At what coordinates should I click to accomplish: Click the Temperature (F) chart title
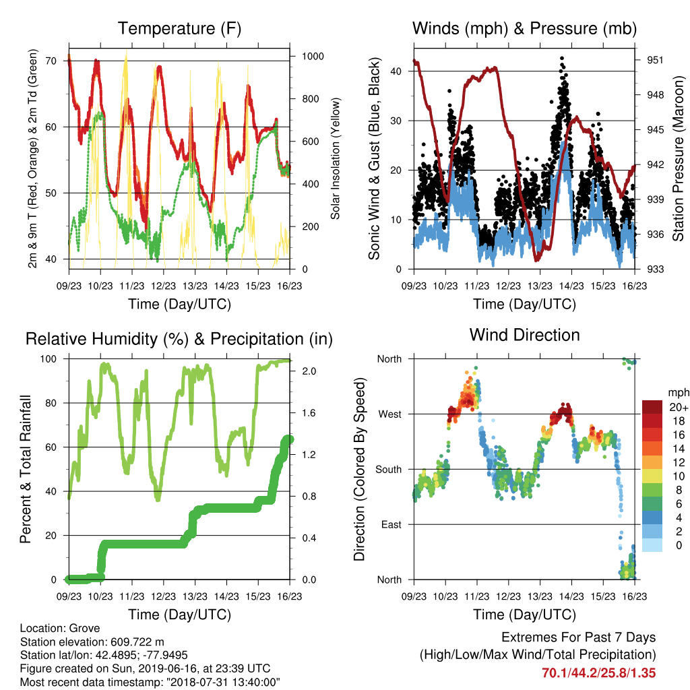tap(179, 28)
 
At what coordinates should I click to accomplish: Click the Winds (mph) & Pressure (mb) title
tap(524, 28)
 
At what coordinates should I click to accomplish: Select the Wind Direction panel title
tap(524, 335)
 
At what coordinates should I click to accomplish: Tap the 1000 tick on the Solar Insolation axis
tap(313, 57)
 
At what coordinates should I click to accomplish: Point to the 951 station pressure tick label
tap(655, 60)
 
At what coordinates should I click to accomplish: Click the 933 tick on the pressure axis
tap(655, 269)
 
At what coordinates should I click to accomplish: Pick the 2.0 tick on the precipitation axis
tap(309, 371)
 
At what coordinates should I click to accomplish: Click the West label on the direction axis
tap(390, 414)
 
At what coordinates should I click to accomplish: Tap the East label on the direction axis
tap(391, 524)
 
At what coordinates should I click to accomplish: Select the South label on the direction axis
tap(389, 470)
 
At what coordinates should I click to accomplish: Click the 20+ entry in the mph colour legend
tap(679, 408)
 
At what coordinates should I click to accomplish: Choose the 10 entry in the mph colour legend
tap(679, 476)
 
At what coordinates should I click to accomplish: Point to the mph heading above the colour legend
tap(678, 393)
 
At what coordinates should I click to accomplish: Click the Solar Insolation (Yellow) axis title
tap(336, 158)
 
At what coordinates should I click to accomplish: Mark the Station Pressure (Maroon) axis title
tap(678, 158)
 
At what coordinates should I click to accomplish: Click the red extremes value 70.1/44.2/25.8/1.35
tap(598, 673)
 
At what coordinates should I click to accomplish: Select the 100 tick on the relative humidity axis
tap(49, 359)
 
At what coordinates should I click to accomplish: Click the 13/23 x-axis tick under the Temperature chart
tap(195, 286)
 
